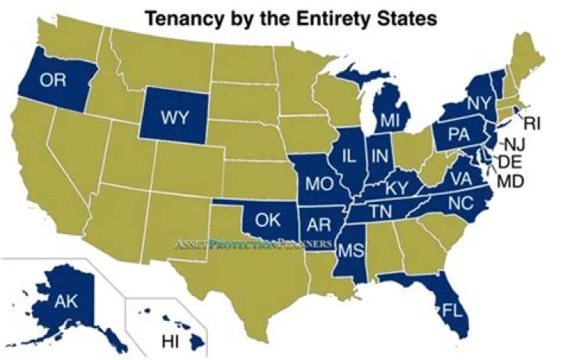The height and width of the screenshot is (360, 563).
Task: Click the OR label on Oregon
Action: point(49,80)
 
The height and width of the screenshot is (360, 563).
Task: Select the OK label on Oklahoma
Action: point(267,220)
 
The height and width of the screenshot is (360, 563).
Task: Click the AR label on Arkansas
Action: point(317,224)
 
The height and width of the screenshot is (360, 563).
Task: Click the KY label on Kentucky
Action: point(397,188)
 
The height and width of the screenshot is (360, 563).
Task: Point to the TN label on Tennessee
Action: point(381,211)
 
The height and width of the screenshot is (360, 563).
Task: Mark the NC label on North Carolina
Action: point(462,201)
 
